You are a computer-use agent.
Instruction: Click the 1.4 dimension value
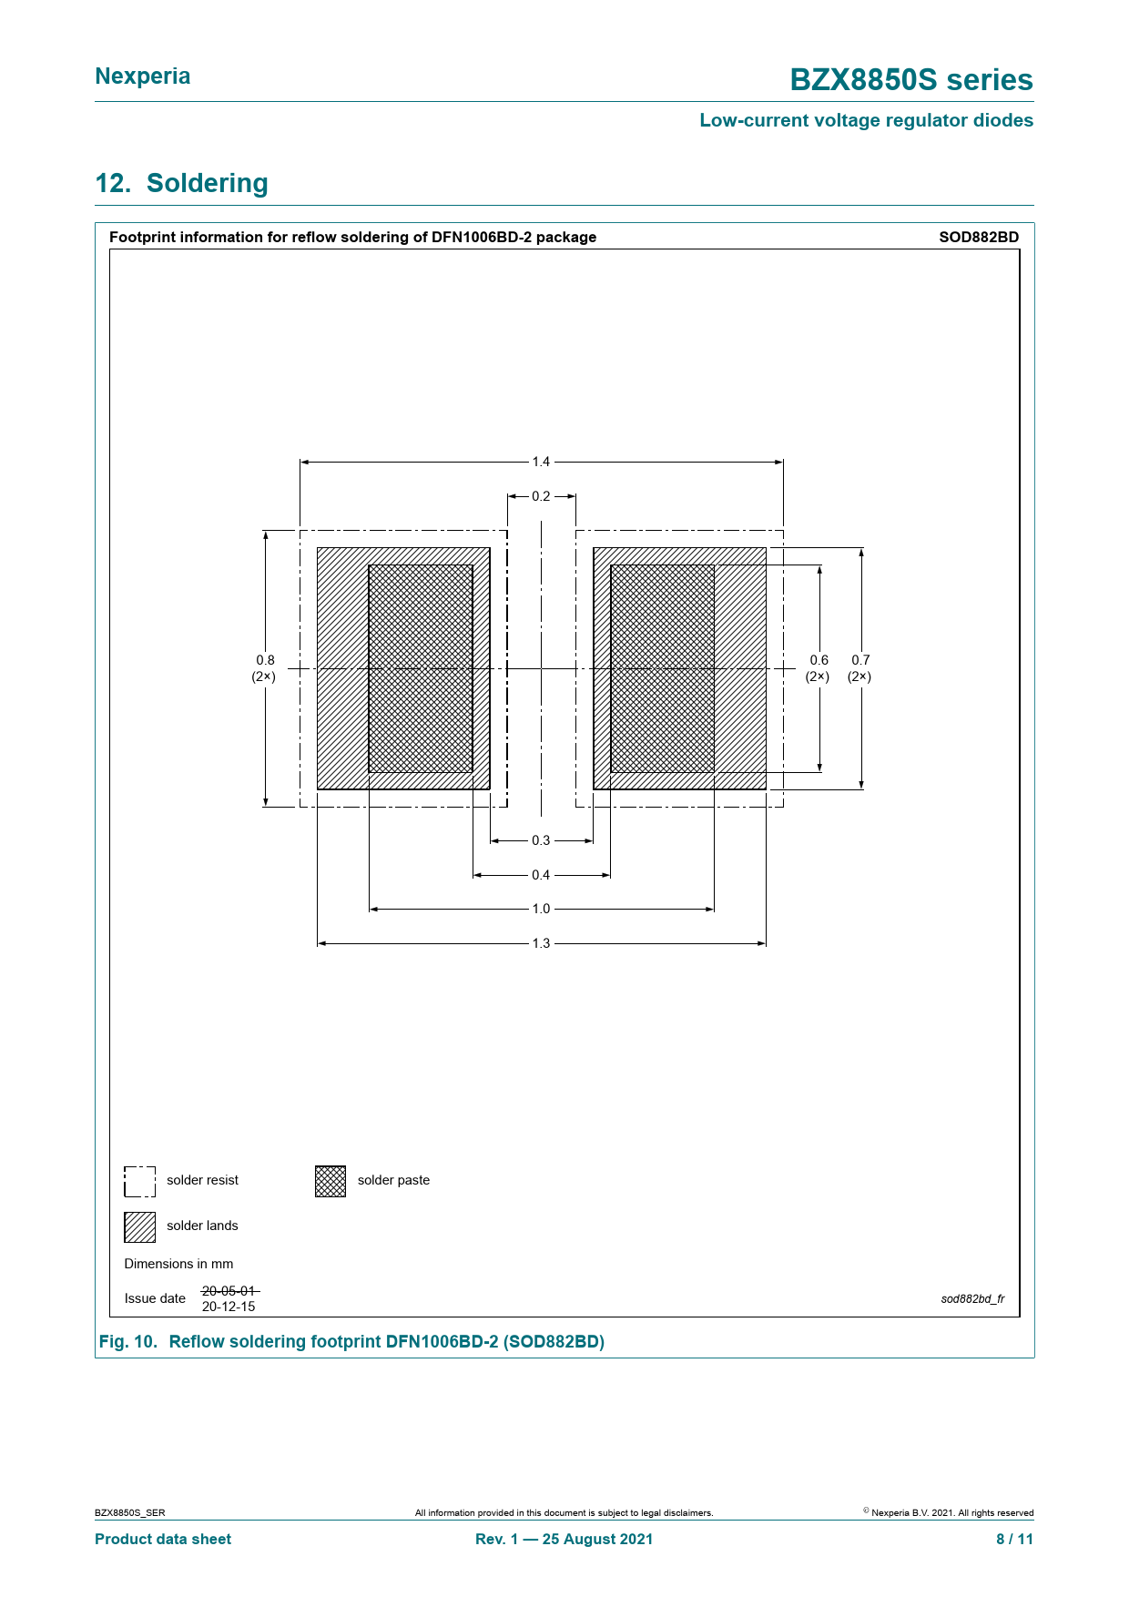point(541,462)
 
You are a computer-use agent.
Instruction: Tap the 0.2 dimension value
point(541,496)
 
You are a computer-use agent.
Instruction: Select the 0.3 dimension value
point(541,840)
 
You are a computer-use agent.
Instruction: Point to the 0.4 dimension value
point(541,875)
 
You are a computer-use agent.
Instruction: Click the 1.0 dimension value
point(541,909)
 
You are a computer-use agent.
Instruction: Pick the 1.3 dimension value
point(541,943)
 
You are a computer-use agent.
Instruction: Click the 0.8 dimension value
point(265,660)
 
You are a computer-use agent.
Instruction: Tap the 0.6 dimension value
point(819,660)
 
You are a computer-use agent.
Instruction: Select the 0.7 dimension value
point(860,660)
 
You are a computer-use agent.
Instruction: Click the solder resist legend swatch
point(140,1181)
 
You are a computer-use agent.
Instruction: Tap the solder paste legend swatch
point(331,1181)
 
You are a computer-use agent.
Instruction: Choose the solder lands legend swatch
point(140,1226)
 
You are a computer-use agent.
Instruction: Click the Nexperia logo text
point(143,76)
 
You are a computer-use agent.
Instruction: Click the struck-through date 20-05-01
point(230,1291)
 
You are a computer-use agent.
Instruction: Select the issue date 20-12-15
point(229,1307)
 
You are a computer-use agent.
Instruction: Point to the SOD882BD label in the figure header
point(979,237)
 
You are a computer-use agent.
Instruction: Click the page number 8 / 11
point(1014,1539)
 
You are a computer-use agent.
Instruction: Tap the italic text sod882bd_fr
point(972,1298)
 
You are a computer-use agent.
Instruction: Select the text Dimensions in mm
point(178,1264)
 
